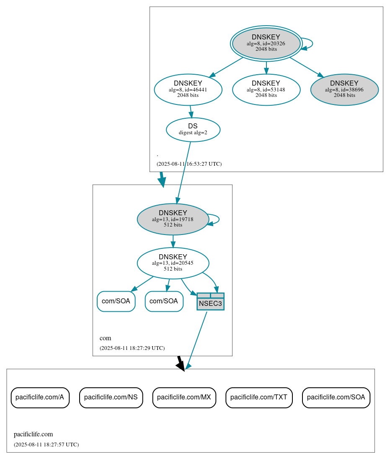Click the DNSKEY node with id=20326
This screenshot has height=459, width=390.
(266, 43)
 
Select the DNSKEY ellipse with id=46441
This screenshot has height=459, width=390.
(188, 89)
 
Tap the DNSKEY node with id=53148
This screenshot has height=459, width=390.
(266, 89)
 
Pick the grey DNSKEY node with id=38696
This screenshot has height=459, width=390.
(344, 89)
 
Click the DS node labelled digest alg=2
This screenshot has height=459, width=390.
(193, 130)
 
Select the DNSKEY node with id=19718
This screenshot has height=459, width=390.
(173, 219)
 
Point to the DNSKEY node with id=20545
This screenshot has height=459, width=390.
(173, 263)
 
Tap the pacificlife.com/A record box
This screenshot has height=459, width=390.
(40, 397)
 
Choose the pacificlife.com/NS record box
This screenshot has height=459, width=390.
(111, 397)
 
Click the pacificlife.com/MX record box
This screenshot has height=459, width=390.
(184, 397)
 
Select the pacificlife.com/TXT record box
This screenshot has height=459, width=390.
(259, 397)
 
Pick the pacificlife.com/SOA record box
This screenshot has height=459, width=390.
(336, 397)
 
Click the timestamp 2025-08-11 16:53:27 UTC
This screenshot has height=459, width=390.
(189, 164)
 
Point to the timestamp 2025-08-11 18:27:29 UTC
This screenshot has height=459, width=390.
(132, 348)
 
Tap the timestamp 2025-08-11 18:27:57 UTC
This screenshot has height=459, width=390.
(46, 445)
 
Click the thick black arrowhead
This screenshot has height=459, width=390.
(181, 365)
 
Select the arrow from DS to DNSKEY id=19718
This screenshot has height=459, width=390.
(184, 172)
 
